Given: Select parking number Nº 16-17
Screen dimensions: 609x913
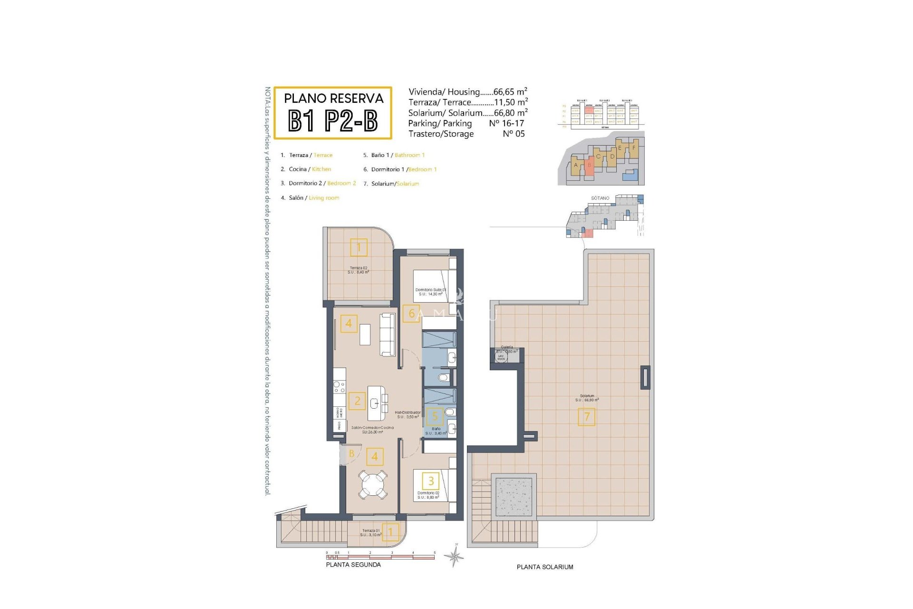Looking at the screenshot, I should click(506, 123).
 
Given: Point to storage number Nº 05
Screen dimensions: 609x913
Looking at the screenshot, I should click(514, 134).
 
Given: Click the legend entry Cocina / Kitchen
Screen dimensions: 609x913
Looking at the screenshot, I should click(310, 169).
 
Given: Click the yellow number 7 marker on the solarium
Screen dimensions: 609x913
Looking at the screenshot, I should click(586, 417).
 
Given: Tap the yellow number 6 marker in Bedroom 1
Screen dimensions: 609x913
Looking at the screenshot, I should click(411, 314).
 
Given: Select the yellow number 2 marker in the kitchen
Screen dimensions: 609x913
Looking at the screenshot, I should click(357, 401).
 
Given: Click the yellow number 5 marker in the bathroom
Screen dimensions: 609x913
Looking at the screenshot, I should click(435, 417).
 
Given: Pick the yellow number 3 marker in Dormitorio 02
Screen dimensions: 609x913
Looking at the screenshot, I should click(431, 481).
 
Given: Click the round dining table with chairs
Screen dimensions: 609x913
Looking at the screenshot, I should click(373, 484).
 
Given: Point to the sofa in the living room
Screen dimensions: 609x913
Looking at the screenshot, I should click(388, 334).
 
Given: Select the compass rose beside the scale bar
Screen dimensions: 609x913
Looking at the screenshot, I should click(455, 556).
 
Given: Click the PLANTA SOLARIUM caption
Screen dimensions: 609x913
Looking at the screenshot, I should click(545, 567).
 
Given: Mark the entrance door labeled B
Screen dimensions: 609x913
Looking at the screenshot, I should click(351, 454).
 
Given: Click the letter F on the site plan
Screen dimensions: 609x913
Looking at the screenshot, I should click(633, 147).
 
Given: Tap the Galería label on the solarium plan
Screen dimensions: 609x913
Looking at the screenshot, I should click(507, 347).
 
